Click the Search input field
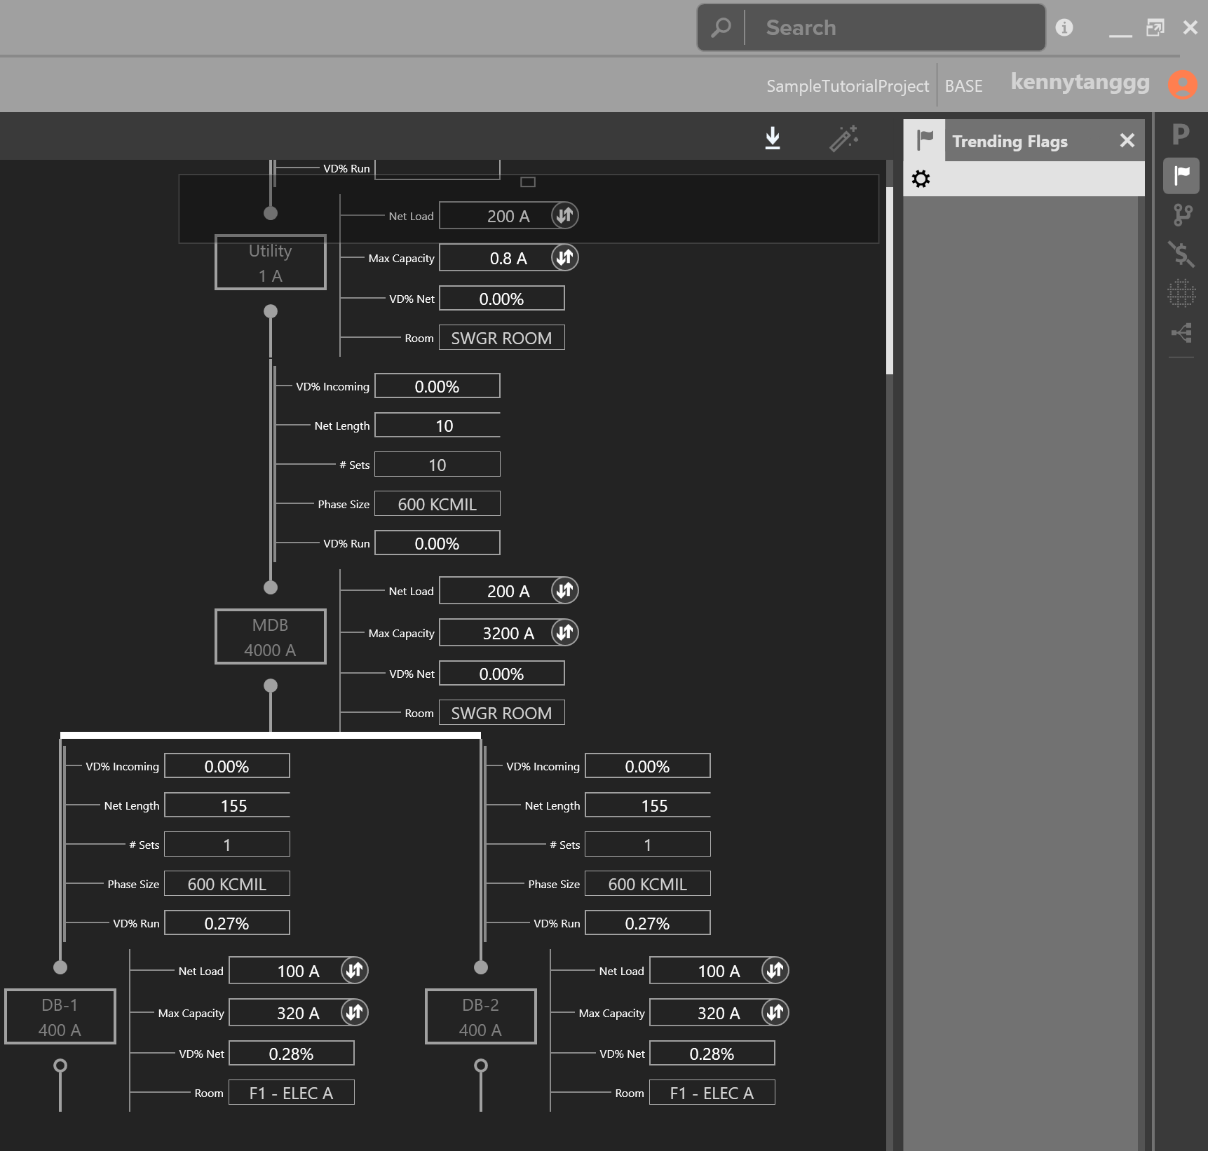pyautogui.click(x=894, y=28)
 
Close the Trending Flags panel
pyautogui.click(x=1127, y=141)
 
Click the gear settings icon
pyautogui.click(x=921, y=179)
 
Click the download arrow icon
pyautogui.click(x=773, y=138)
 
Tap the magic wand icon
pyautogui.click(x=844, y=138)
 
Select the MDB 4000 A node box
pyautogui.click(x=271, y=636)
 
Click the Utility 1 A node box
pyautogui.click(x=271, y=262)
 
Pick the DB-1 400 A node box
pyautogui.click(x=60, y=1016)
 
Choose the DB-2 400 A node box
pyautogui.click(x=481, y=1016)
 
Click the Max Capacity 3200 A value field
pyautogui.click(x=501, y=633)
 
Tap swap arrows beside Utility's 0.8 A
pyautogui.click(x=564, y=258)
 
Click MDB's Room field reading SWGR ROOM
pyautogui.click(x=502, y=713)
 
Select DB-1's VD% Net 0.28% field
pyautogui.click(x=292, y=1053)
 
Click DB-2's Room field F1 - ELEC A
pyautogui.click(x=712, y=1093)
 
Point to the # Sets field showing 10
pyautogui.click(x=437, y=465)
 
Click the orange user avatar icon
pyautogui.click(x=1183, y=85)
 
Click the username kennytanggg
pyautogui.click(x=1080, y=83)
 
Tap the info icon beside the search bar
pyautogui.click(x=1064, y=27)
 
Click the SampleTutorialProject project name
pyautogui.click(x=847, y=86)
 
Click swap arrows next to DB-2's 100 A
pyautogui.click(x=775, y=970)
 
